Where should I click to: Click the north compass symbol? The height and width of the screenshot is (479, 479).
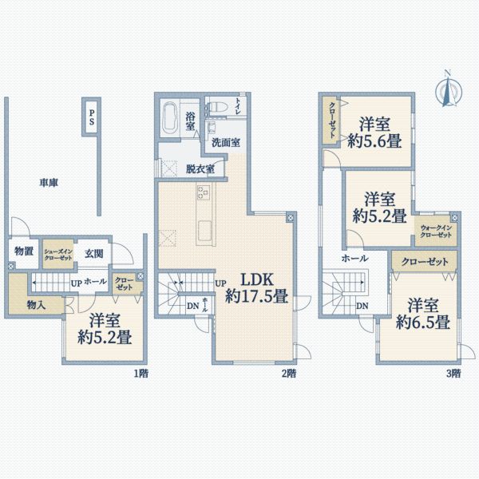(x=448, y=89)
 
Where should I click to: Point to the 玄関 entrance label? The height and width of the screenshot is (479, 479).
(x=93, y=254)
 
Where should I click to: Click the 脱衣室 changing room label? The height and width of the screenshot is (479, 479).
(x=200, y=168)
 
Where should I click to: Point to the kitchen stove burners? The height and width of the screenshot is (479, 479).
(x=202, y=194)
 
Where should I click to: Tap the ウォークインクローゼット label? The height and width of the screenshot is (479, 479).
(x=436, y=232)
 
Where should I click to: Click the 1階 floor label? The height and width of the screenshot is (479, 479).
(x=141, y=372)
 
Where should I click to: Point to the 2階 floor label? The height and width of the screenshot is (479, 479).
(x=288, y=372)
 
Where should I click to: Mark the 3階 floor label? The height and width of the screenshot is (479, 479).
(x=453, y=372)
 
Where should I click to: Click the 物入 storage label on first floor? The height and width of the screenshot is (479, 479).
(x=35, y=304)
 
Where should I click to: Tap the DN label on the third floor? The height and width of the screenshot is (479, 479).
(x=362, y=306)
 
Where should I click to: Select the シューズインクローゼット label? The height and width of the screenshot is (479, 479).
(x=57, y=253)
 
